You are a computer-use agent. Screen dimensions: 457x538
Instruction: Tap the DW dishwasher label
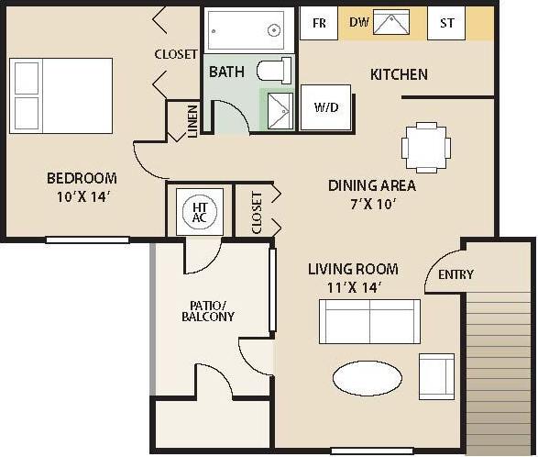[359, 23]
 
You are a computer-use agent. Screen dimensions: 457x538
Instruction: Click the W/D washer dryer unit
[326, 107]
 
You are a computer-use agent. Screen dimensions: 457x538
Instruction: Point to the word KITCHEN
[399, 74]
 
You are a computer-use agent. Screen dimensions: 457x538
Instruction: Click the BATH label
[226, 72]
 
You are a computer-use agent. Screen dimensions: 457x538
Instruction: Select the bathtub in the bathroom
[246, 30]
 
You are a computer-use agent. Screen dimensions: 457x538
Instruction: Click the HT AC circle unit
[200, 212]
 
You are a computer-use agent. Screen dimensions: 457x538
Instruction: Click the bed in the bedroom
[60, 95]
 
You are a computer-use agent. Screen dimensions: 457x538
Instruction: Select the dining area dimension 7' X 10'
[371, 204]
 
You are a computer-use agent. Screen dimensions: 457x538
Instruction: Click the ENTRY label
[456, 274]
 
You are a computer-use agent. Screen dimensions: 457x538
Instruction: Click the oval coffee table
[367, 376]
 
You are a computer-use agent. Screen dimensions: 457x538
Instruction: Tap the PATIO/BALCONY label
[212, 310]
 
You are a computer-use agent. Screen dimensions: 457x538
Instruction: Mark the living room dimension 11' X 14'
[352, 287]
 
